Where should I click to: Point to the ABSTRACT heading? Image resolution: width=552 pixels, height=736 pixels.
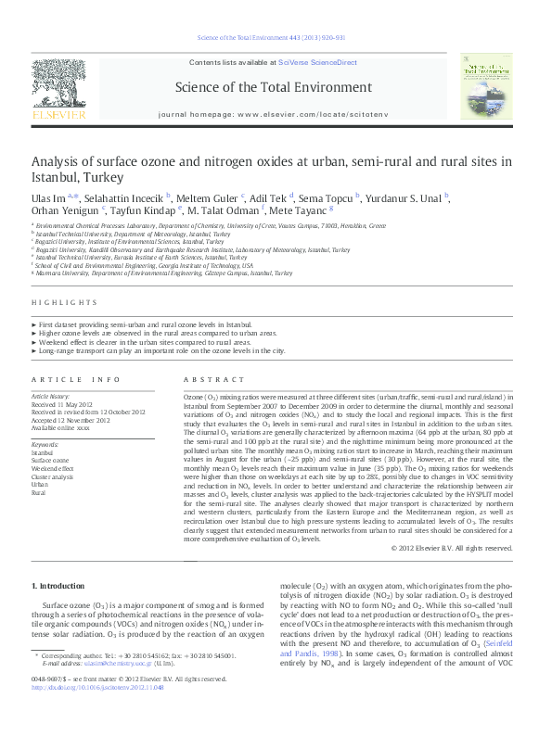click(214, 380)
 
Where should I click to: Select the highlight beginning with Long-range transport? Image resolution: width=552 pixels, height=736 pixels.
click(163, 351)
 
